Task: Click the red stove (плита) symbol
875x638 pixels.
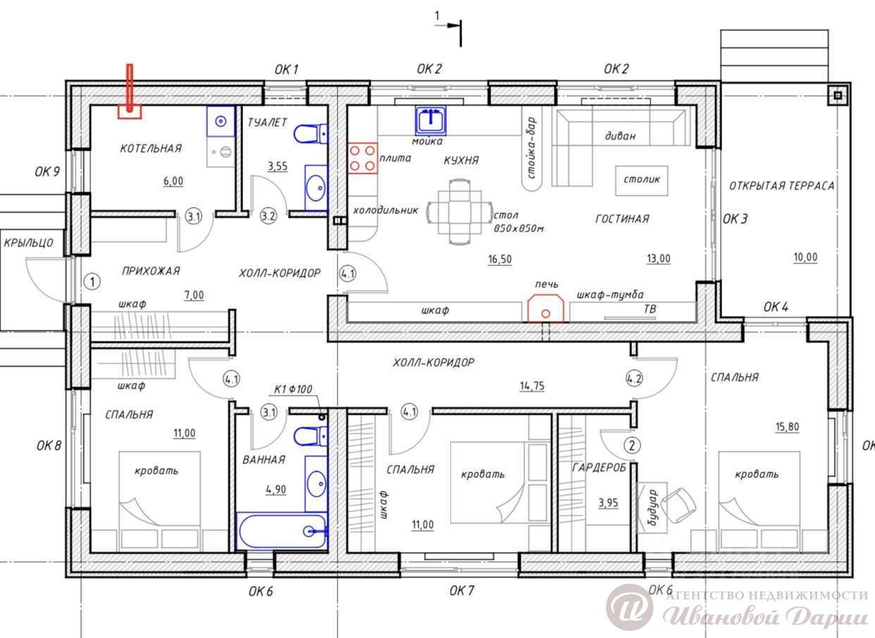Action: tap(363, 158)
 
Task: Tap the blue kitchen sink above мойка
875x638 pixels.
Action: tap(430, 119)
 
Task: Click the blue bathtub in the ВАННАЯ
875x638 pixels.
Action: tap(282, 531)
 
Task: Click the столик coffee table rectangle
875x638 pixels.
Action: tap(641, 180)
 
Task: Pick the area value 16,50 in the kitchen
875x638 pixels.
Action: tap(499, 259)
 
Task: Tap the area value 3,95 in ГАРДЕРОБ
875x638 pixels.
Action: tap(608, 503)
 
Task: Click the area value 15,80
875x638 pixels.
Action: tap(787, 427)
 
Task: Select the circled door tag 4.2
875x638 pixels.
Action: tap(634, 378)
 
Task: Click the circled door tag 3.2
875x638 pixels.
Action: tap(268, 216)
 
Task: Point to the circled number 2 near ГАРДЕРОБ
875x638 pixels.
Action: tap(633, 445)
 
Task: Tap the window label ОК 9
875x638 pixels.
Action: tap(47, 171)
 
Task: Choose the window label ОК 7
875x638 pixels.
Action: tap(461, 590)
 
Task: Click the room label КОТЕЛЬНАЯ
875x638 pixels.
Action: tap(151, 149)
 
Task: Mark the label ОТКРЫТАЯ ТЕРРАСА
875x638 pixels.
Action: tap(781, 186)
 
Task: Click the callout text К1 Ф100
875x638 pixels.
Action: tap(293, 389)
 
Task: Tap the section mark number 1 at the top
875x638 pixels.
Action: tap(437, 16)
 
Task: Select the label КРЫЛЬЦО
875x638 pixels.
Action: tap(28, 243)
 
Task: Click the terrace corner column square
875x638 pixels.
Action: tap(838, 95)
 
